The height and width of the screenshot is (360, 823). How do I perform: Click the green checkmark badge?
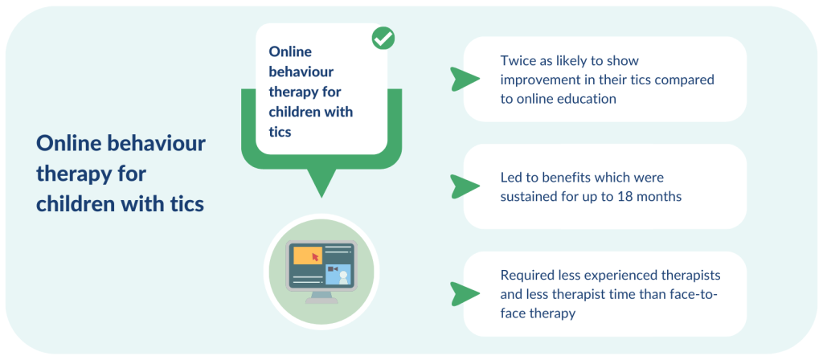pos(383,39)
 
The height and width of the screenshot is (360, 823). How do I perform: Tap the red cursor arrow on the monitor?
pos(315,256)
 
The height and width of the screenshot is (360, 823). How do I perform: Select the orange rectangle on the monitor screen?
pos(308,255)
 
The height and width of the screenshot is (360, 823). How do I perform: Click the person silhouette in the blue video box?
pos(343,277)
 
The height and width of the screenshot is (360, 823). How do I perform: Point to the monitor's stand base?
pos(321,301)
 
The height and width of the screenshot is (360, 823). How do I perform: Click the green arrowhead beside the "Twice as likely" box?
pos(465,80)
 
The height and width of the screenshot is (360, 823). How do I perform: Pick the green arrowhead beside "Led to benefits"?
pos(465,186)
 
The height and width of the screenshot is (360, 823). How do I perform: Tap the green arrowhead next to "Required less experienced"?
pos(465,294)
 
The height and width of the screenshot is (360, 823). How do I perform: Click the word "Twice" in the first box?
pos(515,61)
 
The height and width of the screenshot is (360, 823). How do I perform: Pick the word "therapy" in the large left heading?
pos(74,174)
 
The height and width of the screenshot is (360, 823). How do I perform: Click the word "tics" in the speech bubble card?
pos(280,131)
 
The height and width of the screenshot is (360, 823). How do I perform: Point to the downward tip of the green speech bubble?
pos(321,197)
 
